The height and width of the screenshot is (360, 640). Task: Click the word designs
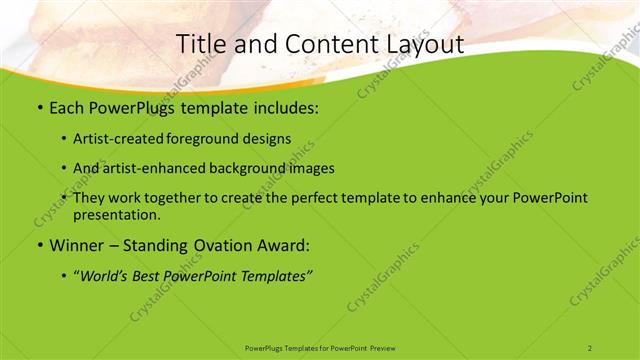[x=270, y=139]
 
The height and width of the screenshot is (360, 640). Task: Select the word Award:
[x=282, y=245]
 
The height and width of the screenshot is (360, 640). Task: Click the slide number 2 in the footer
[x=590, y=347]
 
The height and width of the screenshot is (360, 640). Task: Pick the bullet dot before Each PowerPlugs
[x=39, y=106]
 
